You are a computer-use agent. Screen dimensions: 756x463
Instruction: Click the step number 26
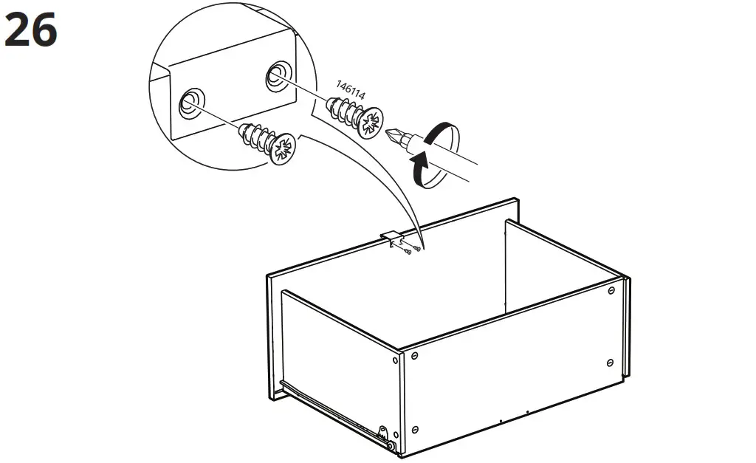[31, 30]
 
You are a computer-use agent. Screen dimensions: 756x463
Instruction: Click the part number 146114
[351, 90]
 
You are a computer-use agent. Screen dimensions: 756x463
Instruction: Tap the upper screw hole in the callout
[278, 76]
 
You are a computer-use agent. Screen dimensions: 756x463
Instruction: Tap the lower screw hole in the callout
[191, 103]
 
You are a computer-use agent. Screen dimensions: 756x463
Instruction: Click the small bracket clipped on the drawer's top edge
[394, 239]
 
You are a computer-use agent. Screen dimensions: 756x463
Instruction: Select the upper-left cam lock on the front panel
[414, 356]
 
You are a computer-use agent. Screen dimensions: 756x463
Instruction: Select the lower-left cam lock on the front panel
[415, 429]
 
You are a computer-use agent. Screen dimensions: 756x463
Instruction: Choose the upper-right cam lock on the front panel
[611, 290]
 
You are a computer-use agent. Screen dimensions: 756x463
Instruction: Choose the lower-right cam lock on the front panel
[610, 362]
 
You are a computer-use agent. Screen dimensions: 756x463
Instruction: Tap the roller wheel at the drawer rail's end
[390, 447]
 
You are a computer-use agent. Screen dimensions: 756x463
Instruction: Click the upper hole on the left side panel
[396, 360]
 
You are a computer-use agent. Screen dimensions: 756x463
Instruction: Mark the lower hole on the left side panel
[396, 435]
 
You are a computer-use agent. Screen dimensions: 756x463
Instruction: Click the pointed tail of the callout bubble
[423, 247]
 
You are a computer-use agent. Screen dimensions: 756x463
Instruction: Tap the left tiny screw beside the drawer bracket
[408, 251]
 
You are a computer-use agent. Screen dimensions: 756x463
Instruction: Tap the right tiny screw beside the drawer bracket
[416, 249]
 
